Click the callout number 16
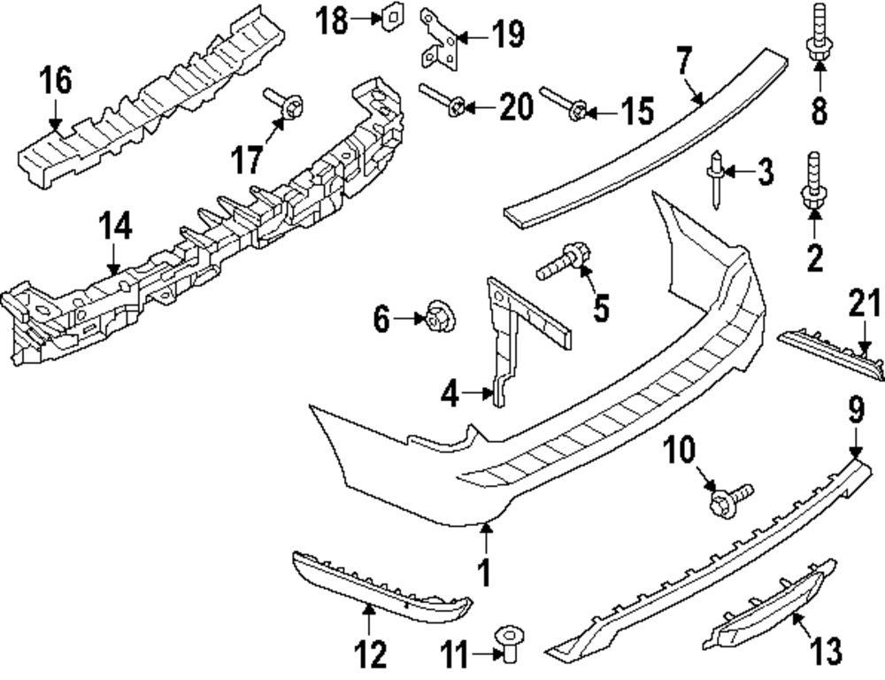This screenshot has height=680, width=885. (x=55, y=81)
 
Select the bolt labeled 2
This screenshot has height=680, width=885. (x=812, y=184)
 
